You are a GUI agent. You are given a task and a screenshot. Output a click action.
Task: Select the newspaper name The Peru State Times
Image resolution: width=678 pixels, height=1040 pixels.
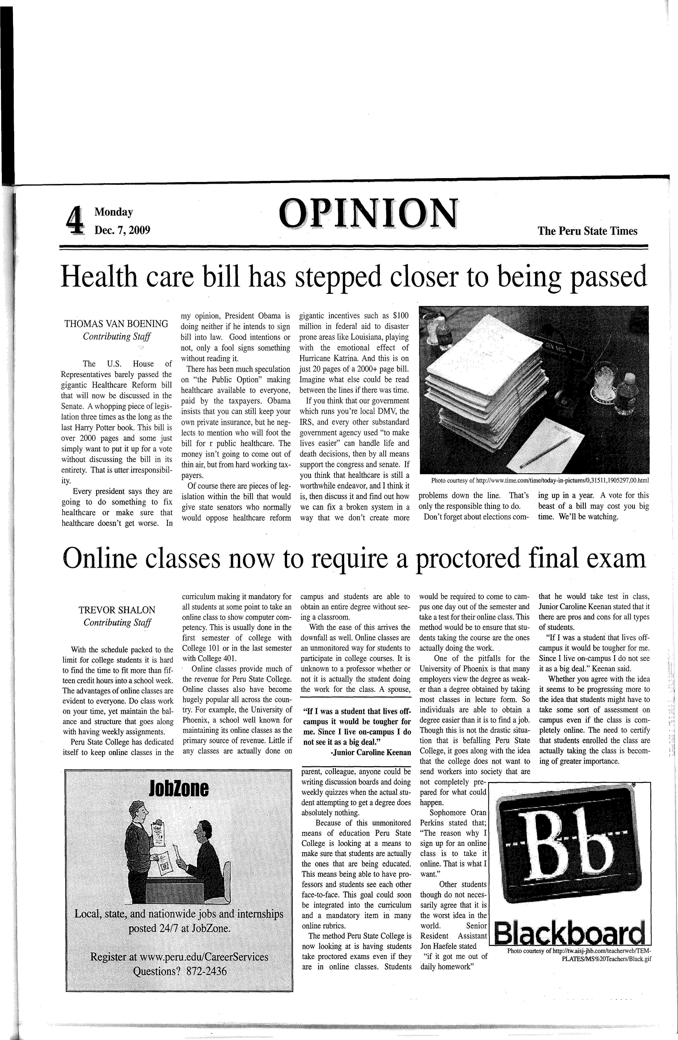coord(588,231)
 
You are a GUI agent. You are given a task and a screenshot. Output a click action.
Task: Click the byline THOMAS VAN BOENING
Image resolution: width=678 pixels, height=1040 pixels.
coord(116,324)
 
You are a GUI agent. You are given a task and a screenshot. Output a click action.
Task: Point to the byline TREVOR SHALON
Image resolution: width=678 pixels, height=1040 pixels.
coord(117,610)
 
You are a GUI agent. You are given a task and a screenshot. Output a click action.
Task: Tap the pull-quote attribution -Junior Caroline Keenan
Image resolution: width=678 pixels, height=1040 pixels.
coord(371,752)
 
